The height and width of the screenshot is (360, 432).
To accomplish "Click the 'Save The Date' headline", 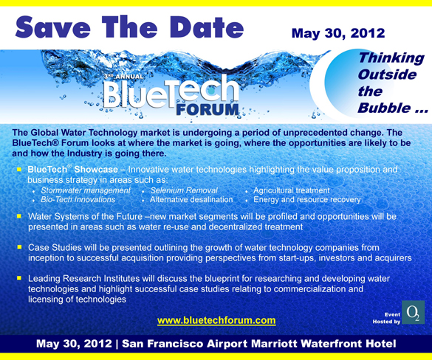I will click(x=129, y=27).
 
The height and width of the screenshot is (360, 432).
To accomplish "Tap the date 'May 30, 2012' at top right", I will click(x=338, y=33).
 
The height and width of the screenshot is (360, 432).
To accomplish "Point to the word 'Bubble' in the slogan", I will click(x=381, y=109).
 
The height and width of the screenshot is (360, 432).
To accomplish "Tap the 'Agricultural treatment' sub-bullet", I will click(x=292, y=190).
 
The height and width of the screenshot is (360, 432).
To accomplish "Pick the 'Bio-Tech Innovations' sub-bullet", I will click(x=78, y=200).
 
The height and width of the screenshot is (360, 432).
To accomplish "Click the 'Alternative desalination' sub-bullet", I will click(x=191, y=200).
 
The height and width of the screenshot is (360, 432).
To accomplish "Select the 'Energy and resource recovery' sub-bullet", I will click(x=307, y=200).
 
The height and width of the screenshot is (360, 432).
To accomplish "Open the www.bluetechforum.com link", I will click(x=216, y=320).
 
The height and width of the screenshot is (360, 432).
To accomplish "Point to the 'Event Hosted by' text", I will click(x=387, y=318).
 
